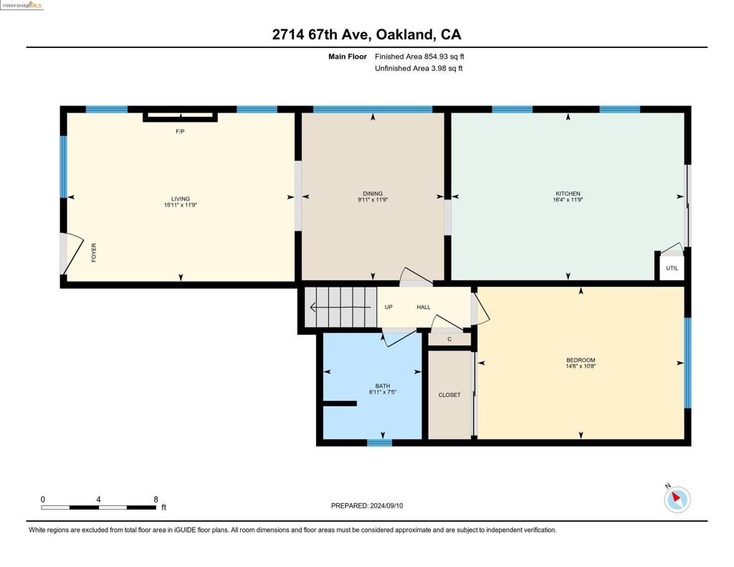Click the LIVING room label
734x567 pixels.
[x=180, y=199]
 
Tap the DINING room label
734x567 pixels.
[x=373, y=194]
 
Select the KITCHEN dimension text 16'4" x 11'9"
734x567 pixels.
[x=568, y=200]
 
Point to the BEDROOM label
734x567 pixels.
[x=581, y=360]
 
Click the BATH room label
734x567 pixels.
[x=383, y=386]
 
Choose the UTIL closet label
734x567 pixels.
[x=672, y=268]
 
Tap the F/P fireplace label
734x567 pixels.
[x=180, y=132]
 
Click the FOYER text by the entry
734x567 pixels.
[x=94, y=252]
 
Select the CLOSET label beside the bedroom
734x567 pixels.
[x=449, y=395]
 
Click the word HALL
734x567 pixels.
[x=424, y=307]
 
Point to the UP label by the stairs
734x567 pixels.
[x=389, y=307]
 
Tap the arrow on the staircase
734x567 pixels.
[x=340, y=308]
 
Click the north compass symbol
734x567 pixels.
[x=677, y=499]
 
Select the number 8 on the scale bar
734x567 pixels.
[x=156, y=500]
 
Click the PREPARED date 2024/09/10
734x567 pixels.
[x=386, y=505]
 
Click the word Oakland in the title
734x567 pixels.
[x=405, y=34]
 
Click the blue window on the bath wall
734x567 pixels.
[x=379, y=442]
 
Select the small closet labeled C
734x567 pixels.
[x=449, y=340]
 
